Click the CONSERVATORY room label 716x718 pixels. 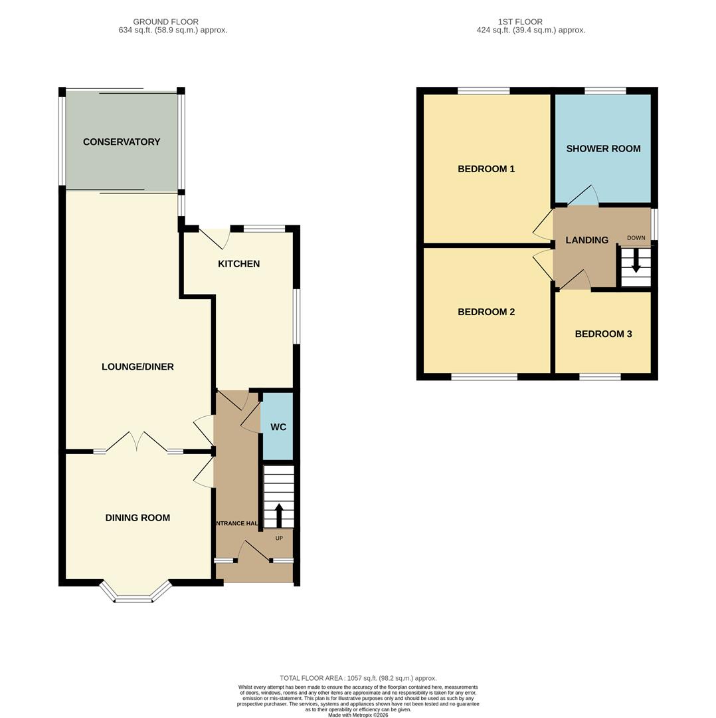(x=122, y=142)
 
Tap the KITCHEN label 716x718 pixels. (x=238, y=264)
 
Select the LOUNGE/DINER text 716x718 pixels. (x=137, y=367)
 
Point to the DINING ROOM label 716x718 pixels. (x=137, y=518)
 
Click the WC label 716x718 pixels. (x=278, y=427)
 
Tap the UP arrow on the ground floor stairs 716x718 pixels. (x=279, y=515)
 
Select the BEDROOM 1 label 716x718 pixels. (x=486, y=169)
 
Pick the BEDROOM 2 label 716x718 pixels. (x=486, y=312)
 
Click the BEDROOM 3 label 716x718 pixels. (x=603, y=334)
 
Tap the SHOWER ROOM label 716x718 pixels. (x=603, y=148)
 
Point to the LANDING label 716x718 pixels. (x=586, y=240)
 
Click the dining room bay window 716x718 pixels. (x=134, y=594)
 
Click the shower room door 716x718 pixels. (x=583, y=197)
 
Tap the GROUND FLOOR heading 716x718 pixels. (x=165, y=22)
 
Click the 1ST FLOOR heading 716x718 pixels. (x=520, y=22)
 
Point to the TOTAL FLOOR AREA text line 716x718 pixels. (x=358, y=678)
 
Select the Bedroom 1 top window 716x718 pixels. (x=483, y=90)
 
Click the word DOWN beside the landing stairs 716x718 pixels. (x=636, y=238)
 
